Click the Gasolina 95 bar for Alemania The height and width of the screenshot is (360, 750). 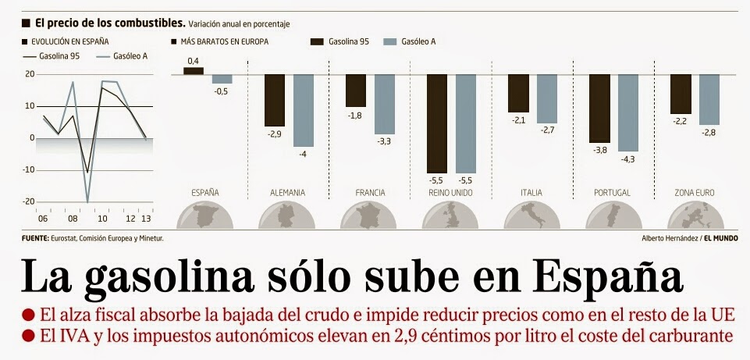[275, 100]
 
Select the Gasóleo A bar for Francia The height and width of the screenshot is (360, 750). [384, 104]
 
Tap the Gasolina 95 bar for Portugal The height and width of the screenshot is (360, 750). [599, 108]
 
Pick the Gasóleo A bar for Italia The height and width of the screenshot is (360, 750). [546, 98]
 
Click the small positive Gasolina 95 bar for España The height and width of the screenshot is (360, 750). [193, 71]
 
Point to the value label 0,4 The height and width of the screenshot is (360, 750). [193, 61]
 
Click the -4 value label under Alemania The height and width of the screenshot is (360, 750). [304, 154]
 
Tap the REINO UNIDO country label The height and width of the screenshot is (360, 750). [450, 192]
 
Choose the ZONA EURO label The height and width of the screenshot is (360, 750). [694, 192]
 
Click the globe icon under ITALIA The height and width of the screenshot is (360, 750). [531, 217]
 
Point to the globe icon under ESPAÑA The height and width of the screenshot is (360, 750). [205, 217]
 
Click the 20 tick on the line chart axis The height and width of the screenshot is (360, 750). [30, 74]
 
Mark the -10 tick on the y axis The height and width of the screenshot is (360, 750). [29, 169]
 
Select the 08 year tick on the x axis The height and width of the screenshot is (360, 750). [73, 219]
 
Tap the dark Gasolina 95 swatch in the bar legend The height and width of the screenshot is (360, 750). [317, 41]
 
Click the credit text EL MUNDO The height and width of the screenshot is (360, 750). [721, 237]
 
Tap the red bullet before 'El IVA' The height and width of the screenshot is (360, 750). [28, 337]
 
